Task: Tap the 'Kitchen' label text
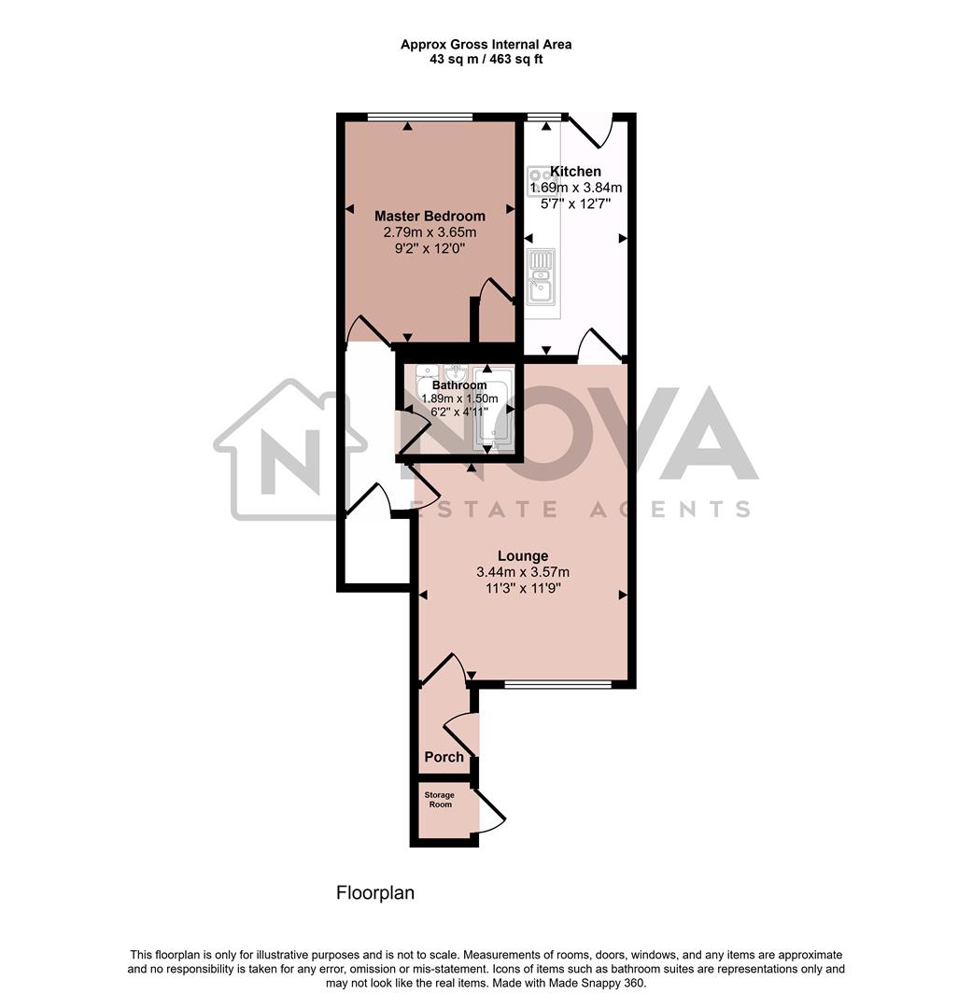[x=575, y=171]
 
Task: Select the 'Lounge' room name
[x=522, y=555]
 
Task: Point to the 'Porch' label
[x=444, y=757]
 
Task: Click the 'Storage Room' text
[x=440, y=800]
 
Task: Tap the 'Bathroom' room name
[x=458, y=385]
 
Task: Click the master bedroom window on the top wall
[x=418, y=117]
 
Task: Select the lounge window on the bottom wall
[x=557, y=685]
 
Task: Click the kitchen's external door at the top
[x=591, y=131]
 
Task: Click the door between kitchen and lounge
[x=600, y=345]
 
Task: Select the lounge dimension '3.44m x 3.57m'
[x=522, y=572]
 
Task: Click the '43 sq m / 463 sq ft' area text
[x=486, y=60]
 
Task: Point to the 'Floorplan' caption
[x=374, y=893]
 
